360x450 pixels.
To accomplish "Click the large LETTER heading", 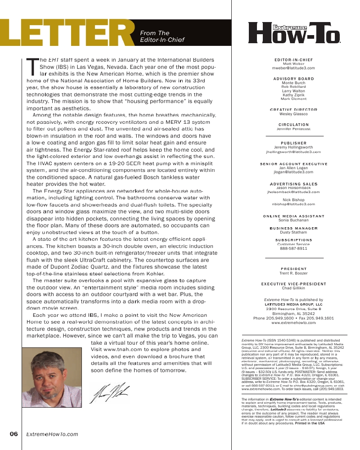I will click(x=67, y=33).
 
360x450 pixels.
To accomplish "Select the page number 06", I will click(x=13, y=434).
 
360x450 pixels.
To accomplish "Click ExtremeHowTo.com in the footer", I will click(x=52, y=434).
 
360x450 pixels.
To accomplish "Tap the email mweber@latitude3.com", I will click(x=293, y=68).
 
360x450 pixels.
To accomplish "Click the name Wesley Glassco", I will click(x=293, y=114).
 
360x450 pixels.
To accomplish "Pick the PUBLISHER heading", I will click(x=293, y=143).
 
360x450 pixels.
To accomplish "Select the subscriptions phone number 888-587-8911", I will click(x=293, y=248).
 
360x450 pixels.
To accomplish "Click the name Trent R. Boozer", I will click(x=293, y=274).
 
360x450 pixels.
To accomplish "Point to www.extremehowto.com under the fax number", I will click(x=293, y=323).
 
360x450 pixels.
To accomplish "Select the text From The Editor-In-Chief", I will click(x=162, y=36).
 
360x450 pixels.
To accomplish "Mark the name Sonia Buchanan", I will click(x=293, y=220).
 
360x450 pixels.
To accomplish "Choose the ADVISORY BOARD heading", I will click(x=293, y=79).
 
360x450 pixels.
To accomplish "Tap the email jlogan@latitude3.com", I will click(x=293, y=172).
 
